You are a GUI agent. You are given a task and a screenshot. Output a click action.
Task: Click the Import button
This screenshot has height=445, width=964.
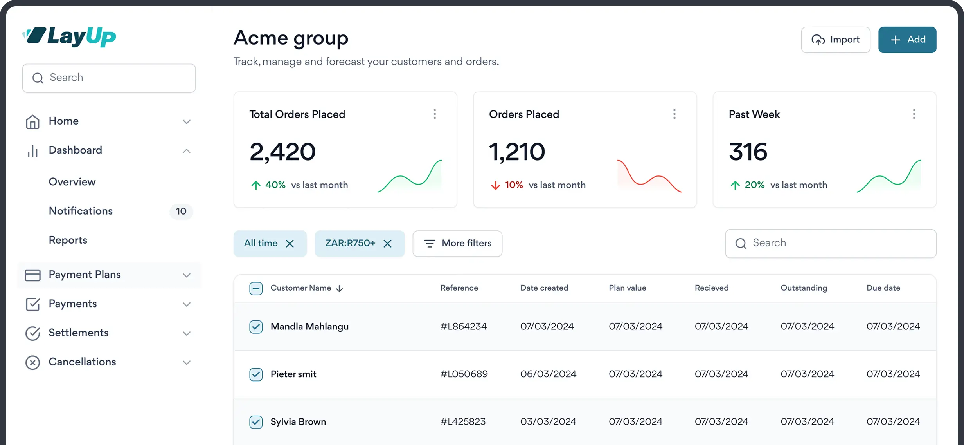pos(835,40)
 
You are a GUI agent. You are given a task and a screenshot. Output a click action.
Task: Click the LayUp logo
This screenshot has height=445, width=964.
pos(69,37)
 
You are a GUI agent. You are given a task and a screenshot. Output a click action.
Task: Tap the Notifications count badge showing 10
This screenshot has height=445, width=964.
pos(181,211)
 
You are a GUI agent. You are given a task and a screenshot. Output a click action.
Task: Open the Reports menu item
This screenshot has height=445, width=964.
pos(68,240)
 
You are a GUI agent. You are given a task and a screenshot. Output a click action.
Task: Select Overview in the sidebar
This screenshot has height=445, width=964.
pos(72,182)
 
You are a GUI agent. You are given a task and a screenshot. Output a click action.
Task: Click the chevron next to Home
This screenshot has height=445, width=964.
pos(187,122)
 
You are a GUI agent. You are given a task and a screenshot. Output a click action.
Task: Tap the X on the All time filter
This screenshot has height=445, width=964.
pos(290,244)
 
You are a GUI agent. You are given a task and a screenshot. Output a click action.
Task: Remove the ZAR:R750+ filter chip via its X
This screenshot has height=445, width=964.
pos(387,244)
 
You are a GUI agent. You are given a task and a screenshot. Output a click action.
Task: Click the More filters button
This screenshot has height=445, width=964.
pos(457,243)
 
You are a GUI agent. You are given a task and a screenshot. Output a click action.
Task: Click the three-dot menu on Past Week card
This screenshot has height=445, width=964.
pos(914,114)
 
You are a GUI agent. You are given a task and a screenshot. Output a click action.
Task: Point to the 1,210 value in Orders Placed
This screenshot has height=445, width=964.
pos(517,152)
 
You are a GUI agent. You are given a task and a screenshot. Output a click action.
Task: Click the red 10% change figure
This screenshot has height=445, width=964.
pos(514,185)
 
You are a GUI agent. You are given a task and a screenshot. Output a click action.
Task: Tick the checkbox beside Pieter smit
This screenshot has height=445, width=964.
pos(256,374)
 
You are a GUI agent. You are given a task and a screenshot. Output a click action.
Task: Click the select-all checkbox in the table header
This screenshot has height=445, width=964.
pos(256,289)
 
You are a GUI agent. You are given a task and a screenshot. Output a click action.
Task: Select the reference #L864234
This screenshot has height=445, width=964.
pos(464,326)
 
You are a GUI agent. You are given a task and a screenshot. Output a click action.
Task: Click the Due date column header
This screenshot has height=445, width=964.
pos(883,288)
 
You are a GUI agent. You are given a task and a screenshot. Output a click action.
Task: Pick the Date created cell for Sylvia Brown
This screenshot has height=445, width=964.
pos(548,421)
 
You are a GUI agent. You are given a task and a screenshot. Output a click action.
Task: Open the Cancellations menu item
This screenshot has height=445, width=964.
pos(82,362)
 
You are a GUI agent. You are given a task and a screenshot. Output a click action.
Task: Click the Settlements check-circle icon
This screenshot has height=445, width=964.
pos(32,333)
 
